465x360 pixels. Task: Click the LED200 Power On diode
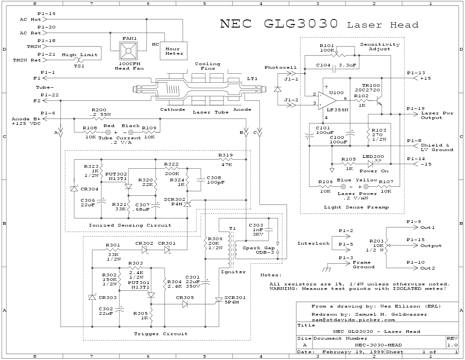370,164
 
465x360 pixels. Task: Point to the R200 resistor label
99,110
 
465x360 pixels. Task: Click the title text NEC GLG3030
279,24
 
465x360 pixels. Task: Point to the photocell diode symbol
277,90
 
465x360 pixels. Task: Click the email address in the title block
353,319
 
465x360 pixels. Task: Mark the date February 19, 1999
353,351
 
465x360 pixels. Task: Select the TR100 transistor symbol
379,100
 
